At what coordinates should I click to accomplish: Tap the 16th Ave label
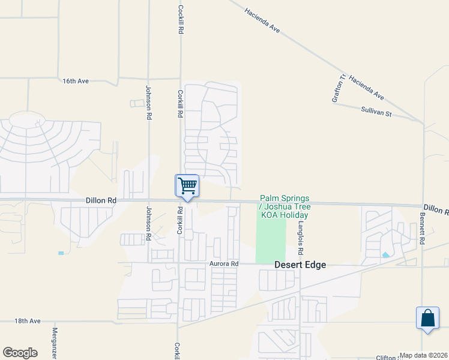[76, 80]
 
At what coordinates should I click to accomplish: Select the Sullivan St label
[376, 110]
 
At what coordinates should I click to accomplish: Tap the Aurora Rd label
[224, 263]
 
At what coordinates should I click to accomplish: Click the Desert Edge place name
[300, 264]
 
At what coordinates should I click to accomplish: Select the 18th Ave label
[28, 321]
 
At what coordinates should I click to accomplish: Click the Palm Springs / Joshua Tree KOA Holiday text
[285, 206]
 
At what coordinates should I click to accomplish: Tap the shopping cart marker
[187, 186]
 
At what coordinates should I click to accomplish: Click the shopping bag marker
[427, 317]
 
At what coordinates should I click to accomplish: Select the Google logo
[20, 353]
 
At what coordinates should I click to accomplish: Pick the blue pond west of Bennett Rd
[385, 254]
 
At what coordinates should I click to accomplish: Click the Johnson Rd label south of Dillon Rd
[148, 224]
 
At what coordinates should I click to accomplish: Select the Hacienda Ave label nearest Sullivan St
[366, 88]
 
